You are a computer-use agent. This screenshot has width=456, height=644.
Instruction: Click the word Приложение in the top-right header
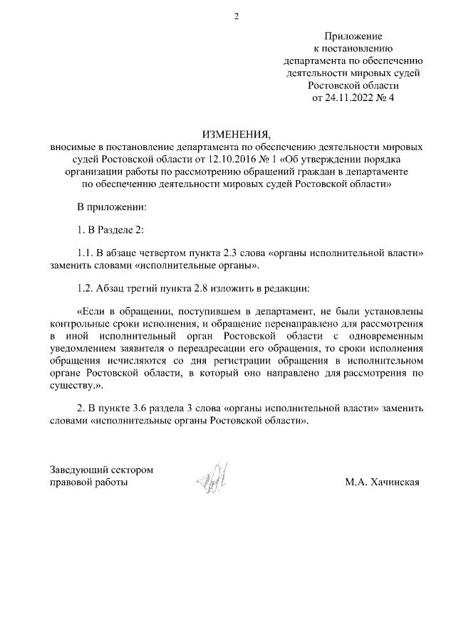353,36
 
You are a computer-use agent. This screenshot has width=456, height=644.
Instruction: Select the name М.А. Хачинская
382,482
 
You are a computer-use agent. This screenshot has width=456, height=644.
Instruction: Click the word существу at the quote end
73,384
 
